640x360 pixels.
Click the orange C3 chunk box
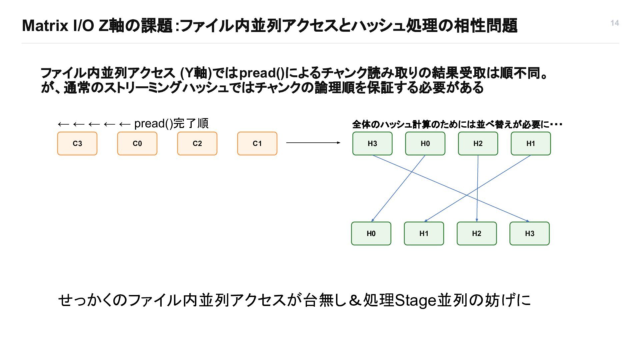click(x=77, y=143)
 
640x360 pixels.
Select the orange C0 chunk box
click(x=137, y=143)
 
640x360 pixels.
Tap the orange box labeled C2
click(x=197, y=143)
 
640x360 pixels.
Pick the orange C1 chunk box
click(x=257, y=143)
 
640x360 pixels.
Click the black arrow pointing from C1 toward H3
click(x=313, y=143)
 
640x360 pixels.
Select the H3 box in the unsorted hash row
click(x=372, y=143)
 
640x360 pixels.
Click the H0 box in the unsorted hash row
click(x=425, y=143)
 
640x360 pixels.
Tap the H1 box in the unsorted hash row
click(x=531, y=143)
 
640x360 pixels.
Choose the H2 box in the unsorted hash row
click(x=478, y=143)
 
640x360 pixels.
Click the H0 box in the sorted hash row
click(x=371, y=233)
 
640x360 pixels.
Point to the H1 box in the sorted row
click(x=424, y=233)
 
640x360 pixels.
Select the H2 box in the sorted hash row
click(x=477, y=233)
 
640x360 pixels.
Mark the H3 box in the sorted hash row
click(x=529, y=233)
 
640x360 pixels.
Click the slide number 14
click(x=615, y=23)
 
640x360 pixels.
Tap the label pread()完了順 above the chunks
click(x=171, y=124)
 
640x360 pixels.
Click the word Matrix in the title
click(x=45, y=26)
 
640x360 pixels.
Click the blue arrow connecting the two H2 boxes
click(x=477, y=188)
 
